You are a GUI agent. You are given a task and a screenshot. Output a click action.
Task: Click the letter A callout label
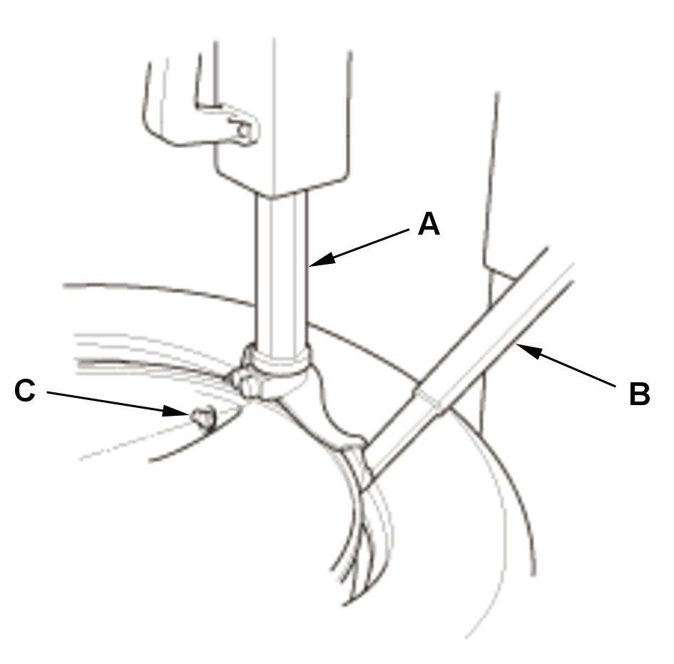(429, 224)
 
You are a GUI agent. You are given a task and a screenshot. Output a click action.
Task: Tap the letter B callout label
(639, 394)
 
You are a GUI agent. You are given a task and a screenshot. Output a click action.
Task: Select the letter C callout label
(25, 391)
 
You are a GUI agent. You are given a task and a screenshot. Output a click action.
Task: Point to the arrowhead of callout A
(315, 264)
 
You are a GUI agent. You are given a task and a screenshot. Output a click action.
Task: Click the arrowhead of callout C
(182, 412)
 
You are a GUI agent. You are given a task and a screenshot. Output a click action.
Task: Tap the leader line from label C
(107, 401)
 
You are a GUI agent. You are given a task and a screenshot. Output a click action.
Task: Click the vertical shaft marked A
(283, 271)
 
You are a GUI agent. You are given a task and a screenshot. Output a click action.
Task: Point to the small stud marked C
(201, 417)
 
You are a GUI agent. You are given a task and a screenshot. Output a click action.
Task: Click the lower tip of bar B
(367, 474)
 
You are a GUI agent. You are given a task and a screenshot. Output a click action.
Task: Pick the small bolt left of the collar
(247, 382)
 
